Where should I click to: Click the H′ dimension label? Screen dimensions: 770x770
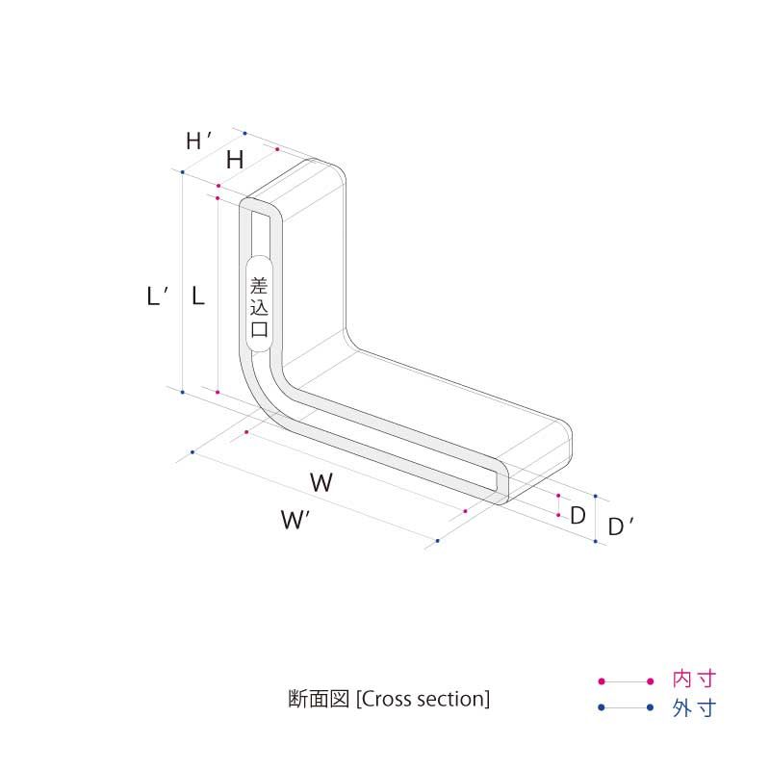coord(198,141)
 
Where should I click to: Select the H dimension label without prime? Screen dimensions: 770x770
coord(235,160)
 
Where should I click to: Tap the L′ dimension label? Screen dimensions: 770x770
coord(157,296)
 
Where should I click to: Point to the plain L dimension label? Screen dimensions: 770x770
coord(197,296)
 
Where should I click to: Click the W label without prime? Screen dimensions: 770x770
coord(321,483)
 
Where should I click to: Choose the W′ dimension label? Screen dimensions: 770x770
coord(295,520)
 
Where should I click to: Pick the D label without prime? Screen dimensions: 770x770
coord(577,516)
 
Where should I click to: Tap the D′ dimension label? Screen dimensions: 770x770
coord(620,526)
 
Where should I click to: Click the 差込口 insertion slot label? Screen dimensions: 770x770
coord(259,307)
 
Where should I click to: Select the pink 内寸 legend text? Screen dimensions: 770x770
coord(694,680)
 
